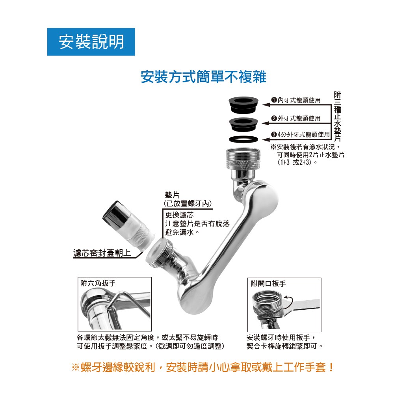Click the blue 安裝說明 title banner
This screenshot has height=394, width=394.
pos(91,42)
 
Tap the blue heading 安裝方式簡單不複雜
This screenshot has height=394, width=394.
pos(203,77)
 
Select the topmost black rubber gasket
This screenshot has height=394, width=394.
pos(243,105)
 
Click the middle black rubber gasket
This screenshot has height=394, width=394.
pos(243,124)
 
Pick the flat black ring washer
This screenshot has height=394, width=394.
pos(243,139)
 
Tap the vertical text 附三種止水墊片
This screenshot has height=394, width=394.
pos(337,117)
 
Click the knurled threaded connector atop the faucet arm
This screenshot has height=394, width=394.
pos(243,159)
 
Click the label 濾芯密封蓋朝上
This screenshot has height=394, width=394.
pos(102,253)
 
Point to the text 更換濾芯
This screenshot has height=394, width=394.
pos(179,215)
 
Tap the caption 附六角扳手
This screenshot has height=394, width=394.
pos(98,283)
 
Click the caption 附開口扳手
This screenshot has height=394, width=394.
pos(268,284)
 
